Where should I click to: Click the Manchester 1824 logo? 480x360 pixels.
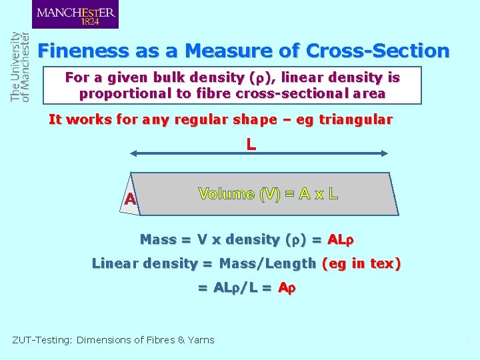click(75, 15)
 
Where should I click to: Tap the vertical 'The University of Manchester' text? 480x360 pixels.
click(20, 67)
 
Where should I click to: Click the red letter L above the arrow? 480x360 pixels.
click(251, 143)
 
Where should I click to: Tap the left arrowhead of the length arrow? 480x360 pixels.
click(134, 153)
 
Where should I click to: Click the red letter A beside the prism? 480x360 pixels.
click(130, 199)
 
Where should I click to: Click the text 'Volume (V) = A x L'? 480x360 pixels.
click(268, 194)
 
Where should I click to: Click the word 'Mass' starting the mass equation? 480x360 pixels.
click(158, 239)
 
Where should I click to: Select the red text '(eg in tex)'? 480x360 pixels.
click(361, 263)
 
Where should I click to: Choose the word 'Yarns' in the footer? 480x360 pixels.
click(201, 340)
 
